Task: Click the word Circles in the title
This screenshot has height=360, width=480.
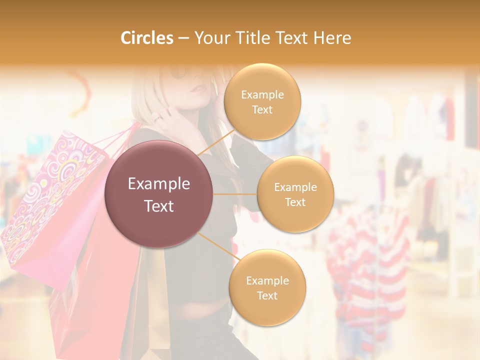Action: (x=147, y=38)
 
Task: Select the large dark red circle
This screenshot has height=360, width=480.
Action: (x=158, y=194)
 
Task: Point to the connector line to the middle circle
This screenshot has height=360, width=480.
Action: (x=234, y=194)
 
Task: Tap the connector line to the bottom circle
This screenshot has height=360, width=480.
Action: (x=218, y=247)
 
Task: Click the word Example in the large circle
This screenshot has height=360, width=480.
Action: (x=159, y=184)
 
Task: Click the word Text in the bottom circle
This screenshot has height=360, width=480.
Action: (x=267, y=295)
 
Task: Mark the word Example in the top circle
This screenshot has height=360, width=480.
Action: (x=262, y=94)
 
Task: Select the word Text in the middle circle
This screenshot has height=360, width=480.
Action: (x=295, y=202)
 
